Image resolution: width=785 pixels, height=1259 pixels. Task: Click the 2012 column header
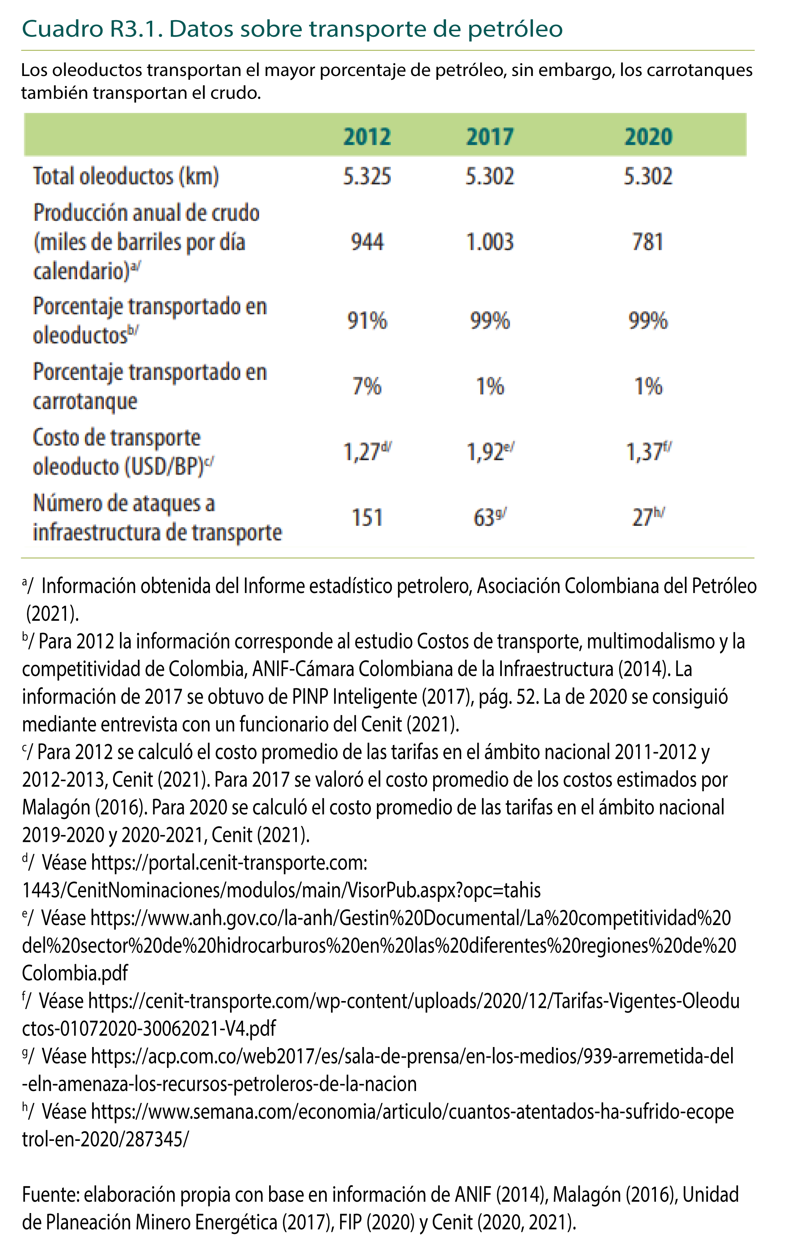(367, 137)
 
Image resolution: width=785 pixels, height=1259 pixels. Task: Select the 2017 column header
(490, 137)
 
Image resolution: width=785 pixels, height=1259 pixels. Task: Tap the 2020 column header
(648, 137)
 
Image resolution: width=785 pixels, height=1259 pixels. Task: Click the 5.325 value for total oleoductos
(367, 177)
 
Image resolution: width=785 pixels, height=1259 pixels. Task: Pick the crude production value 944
(367, 242)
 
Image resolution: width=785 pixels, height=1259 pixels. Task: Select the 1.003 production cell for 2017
(490, 242)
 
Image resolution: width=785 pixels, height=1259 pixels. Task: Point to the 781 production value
(648, 242)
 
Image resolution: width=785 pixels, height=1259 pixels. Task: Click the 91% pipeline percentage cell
(367, 321)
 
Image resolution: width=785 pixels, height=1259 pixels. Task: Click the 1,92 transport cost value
(486, 452)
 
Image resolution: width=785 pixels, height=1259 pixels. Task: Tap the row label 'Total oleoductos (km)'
(126, 177)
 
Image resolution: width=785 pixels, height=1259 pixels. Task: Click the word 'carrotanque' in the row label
(85, 402)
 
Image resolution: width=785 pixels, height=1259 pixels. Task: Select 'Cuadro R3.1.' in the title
(92, 29)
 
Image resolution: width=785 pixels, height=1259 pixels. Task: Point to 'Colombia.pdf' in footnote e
(75, 973)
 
